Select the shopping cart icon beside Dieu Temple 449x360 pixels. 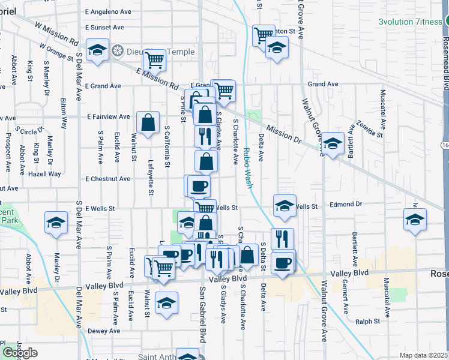tap(154, 59)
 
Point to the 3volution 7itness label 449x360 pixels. tap(410, 22)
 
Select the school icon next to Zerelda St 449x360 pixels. tap(333, 143)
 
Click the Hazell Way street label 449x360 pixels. tap(47, 174)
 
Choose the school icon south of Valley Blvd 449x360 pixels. tap(166, 302)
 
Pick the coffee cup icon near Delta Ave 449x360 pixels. tap(283, 262)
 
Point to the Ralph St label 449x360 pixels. tap(381, 322)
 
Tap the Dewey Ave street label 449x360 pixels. tap(104, 331)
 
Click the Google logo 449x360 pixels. tap(20, 353)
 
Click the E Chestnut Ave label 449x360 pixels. tap(107, 179)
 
